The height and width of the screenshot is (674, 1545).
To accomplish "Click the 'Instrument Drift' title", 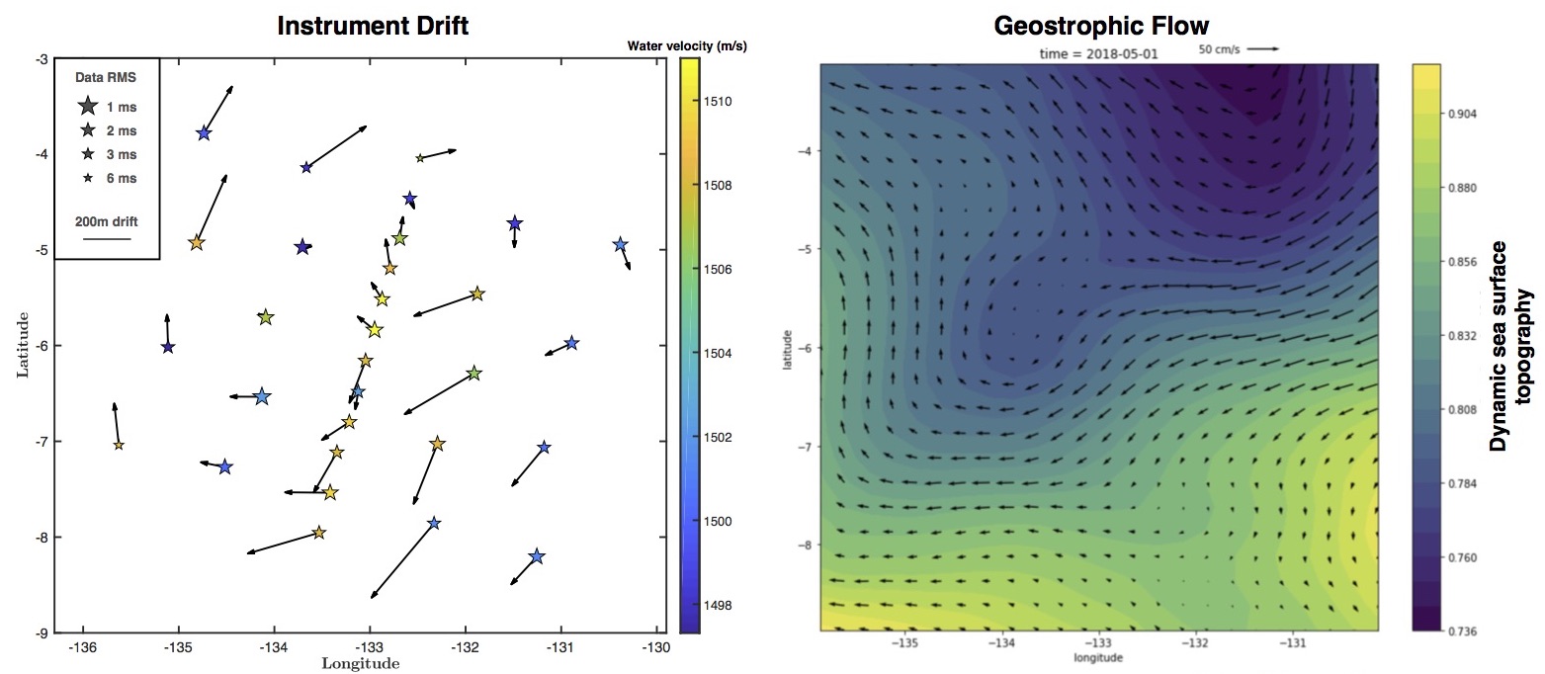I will pos(373,26).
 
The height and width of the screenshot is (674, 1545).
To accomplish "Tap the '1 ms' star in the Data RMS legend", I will pos(88,106).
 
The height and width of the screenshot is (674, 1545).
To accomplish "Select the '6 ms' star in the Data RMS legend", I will pos(88,178).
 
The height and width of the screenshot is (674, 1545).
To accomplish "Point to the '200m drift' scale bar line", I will pos(106,239).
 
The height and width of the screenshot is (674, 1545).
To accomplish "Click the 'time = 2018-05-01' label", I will pos(1096,53).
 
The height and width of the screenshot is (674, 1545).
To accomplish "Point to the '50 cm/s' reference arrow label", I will pos(1220,47).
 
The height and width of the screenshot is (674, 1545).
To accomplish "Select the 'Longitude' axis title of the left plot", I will pos(361,664).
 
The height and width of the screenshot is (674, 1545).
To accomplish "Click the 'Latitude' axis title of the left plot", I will pos(23,345).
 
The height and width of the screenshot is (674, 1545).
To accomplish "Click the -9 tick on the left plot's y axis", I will pos(43,632).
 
